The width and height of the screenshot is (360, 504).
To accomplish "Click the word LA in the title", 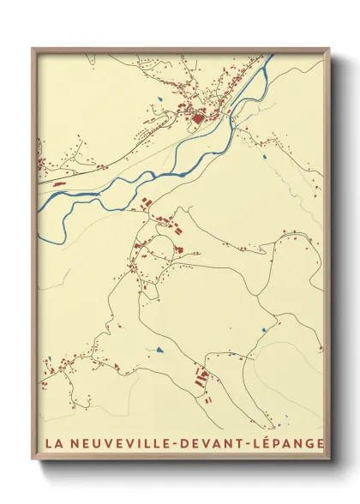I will [x=51, y=443].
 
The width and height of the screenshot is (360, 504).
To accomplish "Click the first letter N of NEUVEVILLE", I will [x=71, y=443].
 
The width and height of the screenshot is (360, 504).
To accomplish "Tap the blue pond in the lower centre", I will [x=159, y=350].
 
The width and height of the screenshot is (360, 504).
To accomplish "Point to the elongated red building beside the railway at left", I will [x=59, y=183].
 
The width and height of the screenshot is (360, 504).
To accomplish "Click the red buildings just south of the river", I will [x=147, y=201].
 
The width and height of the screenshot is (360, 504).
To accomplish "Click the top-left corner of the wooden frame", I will [x=33, y=49].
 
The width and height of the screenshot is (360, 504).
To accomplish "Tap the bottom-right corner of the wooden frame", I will [x=329, y=459].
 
